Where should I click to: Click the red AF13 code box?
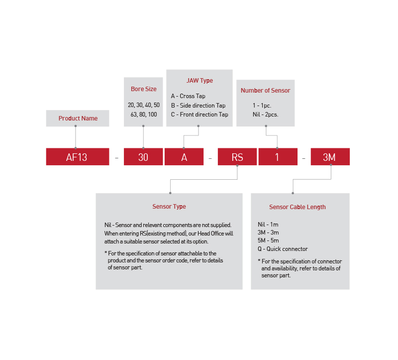pyautogui.click(x=77, y=157)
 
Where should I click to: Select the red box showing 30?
pyautogui.click(x=143, y=157)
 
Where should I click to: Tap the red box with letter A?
pyautogui.click(x=184, y=157)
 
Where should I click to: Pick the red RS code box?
pyautogui.click(x=237, y=157)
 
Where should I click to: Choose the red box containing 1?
pyautogui.click(x=278, y=157)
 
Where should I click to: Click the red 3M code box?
pyautogui.click(x=330, y=157)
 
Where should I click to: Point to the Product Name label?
pyautogui.click(x=78, y=119)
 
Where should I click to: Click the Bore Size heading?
pyautogui.click(x=143, y=89)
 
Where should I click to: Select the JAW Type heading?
pyautogui.click(x=199, y=81)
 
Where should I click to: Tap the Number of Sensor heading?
pyautogui.click(x=265, y=91)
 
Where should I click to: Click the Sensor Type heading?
pyautogui.click(x=169, y=207)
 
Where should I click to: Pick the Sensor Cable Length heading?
pyautogui.click(x=298, y=207)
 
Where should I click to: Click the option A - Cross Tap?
pyautogui.click(x=188, y=96)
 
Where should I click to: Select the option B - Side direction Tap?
pyautogui.click(x=198, y=106)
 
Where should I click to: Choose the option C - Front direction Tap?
pyautogui.click(x=199, y=115)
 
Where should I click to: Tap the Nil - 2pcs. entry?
pyautogui.click(x=265, y=115)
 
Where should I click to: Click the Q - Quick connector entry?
pyautogui.click(x=283, y=249)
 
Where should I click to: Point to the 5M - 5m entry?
pyautogui.click(x=268, y=241)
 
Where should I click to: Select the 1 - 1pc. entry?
pyautogui.click(x=262, y=106)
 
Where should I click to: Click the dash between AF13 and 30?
pyautogui.click(x=116, y=158)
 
